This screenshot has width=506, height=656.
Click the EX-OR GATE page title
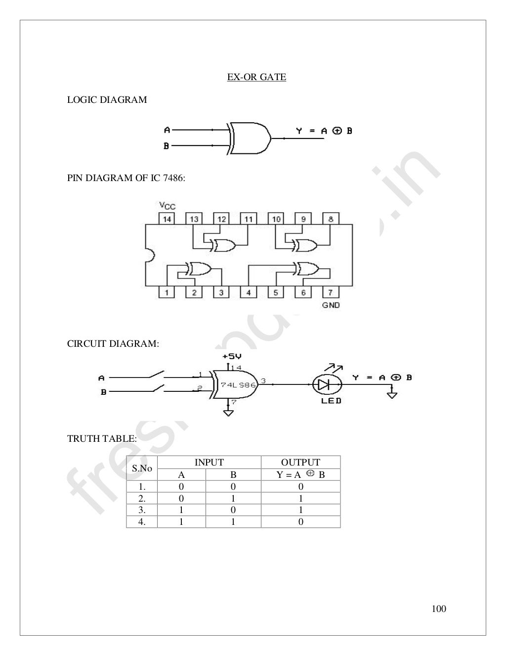pyautogui.click(x=256, y=77)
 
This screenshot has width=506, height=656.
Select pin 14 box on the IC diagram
pyautogui.click(x=167, y=219)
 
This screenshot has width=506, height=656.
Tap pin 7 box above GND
pyautogui.click(x=331, y=292)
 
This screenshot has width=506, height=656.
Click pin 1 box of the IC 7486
pyautogui.click(x=167, y=292)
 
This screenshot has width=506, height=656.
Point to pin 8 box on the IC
pyautogui.click(x=331, y=219)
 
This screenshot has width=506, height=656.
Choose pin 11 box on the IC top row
pyautogui.click(x=249, y=219)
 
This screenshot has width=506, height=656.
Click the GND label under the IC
pyautogui.click(x=331, y=305)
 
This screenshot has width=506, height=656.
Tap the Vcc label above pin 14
pyautogui.click(x=167, y=206)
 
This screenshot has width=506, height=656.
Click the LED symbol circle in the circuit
pyautogui.click(x=327, y=384)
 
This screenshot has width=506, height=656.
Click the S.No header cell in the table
pyautogui.click(x=142, y=468)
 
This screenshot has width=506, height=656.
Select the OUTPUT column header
pyautogui.click(x=300, y=463)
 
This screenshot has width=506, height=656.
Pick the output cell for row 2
pyautogui.click(x=300, y=499)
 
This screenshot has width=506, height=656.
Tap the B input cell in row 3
pyautogui.click(x=233, y=510)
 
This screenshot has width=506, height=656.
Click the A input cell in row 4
pyautogui.click(x=181, y=522)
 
